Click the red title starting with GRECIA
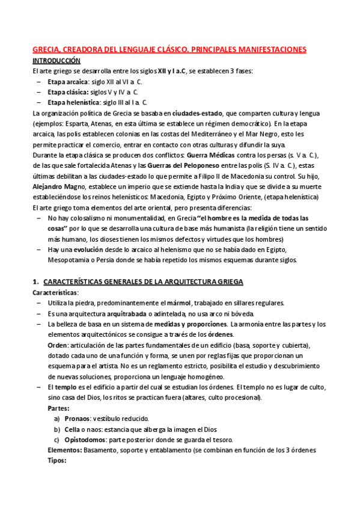[x=169, y=49]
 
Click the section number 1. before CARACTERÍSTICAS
[x=35, y=281]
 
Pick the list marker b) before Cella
[x=57, y=429]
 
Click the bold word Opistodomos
[x=88, y=440]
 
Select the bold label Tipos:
[x=58, y=461]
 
